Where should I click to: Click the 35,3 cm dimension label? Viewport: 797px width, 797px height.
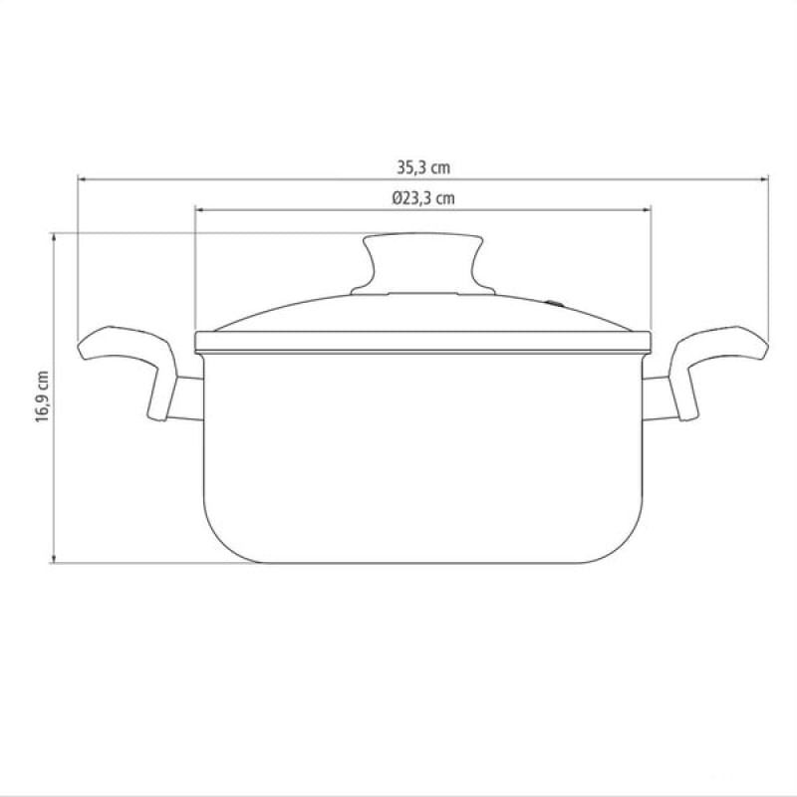click(423, 167)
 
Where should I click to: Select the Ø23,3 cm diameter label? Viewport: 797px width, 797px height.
click(422, 197)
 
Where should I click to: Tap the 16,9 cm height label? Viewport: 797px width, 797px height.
click(42, 397)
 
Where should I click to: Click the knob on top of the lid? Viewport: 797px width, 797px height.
click(422, 264)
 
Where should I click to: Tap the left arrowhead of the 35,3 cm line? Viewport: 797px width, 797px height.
click(82, 179)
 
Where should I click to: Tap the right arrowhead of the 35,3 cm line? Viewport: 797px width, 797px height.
click(764, 179)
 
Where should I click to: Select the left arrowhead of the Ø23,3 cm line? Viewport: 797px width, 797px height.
click(200, 209)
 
